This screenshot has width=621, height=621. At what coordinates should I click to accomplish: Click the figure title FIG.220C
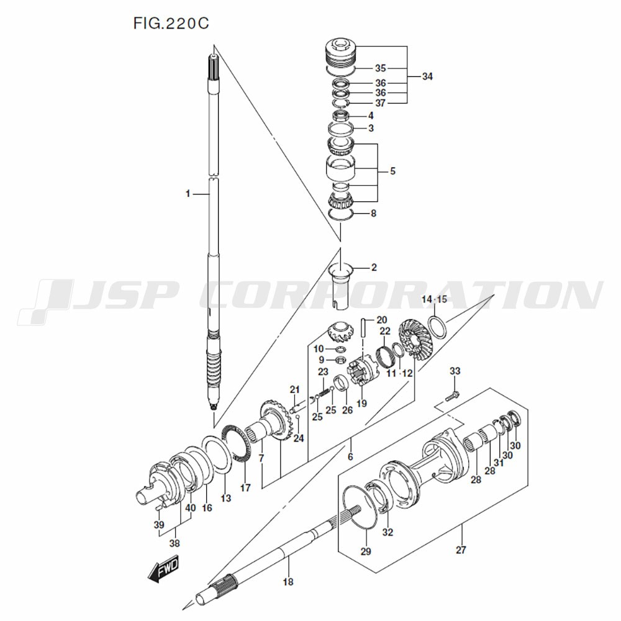click(x=171, y=24)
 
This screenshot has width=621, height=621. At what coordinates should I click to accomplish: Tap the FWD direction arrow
click(x=163, y=567)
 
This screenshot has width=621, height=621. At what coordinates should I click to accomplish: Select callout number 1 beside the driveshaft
click(x=187, y=194)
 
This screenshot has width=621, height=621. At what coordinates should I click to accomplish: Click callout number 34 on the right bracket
click(x=427, y=76)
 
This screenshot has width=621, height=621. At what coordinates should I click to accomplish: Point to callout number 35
click(x=380, y=68)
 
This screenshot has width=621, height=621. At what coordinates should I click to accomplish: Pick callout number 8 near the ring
click(x=373, y=214)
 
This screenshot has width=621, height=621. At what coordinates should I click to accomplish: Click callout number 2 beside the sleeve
click(x=374, y=268)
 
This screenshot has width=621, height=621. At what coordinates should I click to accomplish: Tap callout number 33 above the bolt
click(x=455, y=371)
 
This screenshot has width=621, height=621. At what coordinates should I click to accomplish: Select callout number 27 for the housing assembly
click(x=460, y=549)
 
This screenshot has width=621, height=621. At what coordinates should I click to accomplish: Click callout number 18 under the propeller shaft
click(x=288, y=582)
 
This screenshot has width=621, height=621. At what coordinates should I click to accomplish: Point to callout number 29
click(x=365, y=551)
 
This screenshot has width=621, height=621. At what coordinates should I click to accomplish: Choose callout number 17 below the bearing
click(x=245, y=487)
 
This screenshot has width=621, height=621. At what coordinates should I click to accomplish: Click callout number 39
click(x=159, y=525)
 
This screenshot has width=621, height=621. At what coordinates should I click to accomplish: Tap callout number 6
click(x=350, y=456)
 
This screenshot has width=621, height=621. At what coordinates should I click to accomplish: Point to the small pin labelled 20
click(x=363, y=327)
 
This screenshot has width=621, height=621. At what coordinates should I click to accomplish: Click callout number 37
click(x=380, y=102)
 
